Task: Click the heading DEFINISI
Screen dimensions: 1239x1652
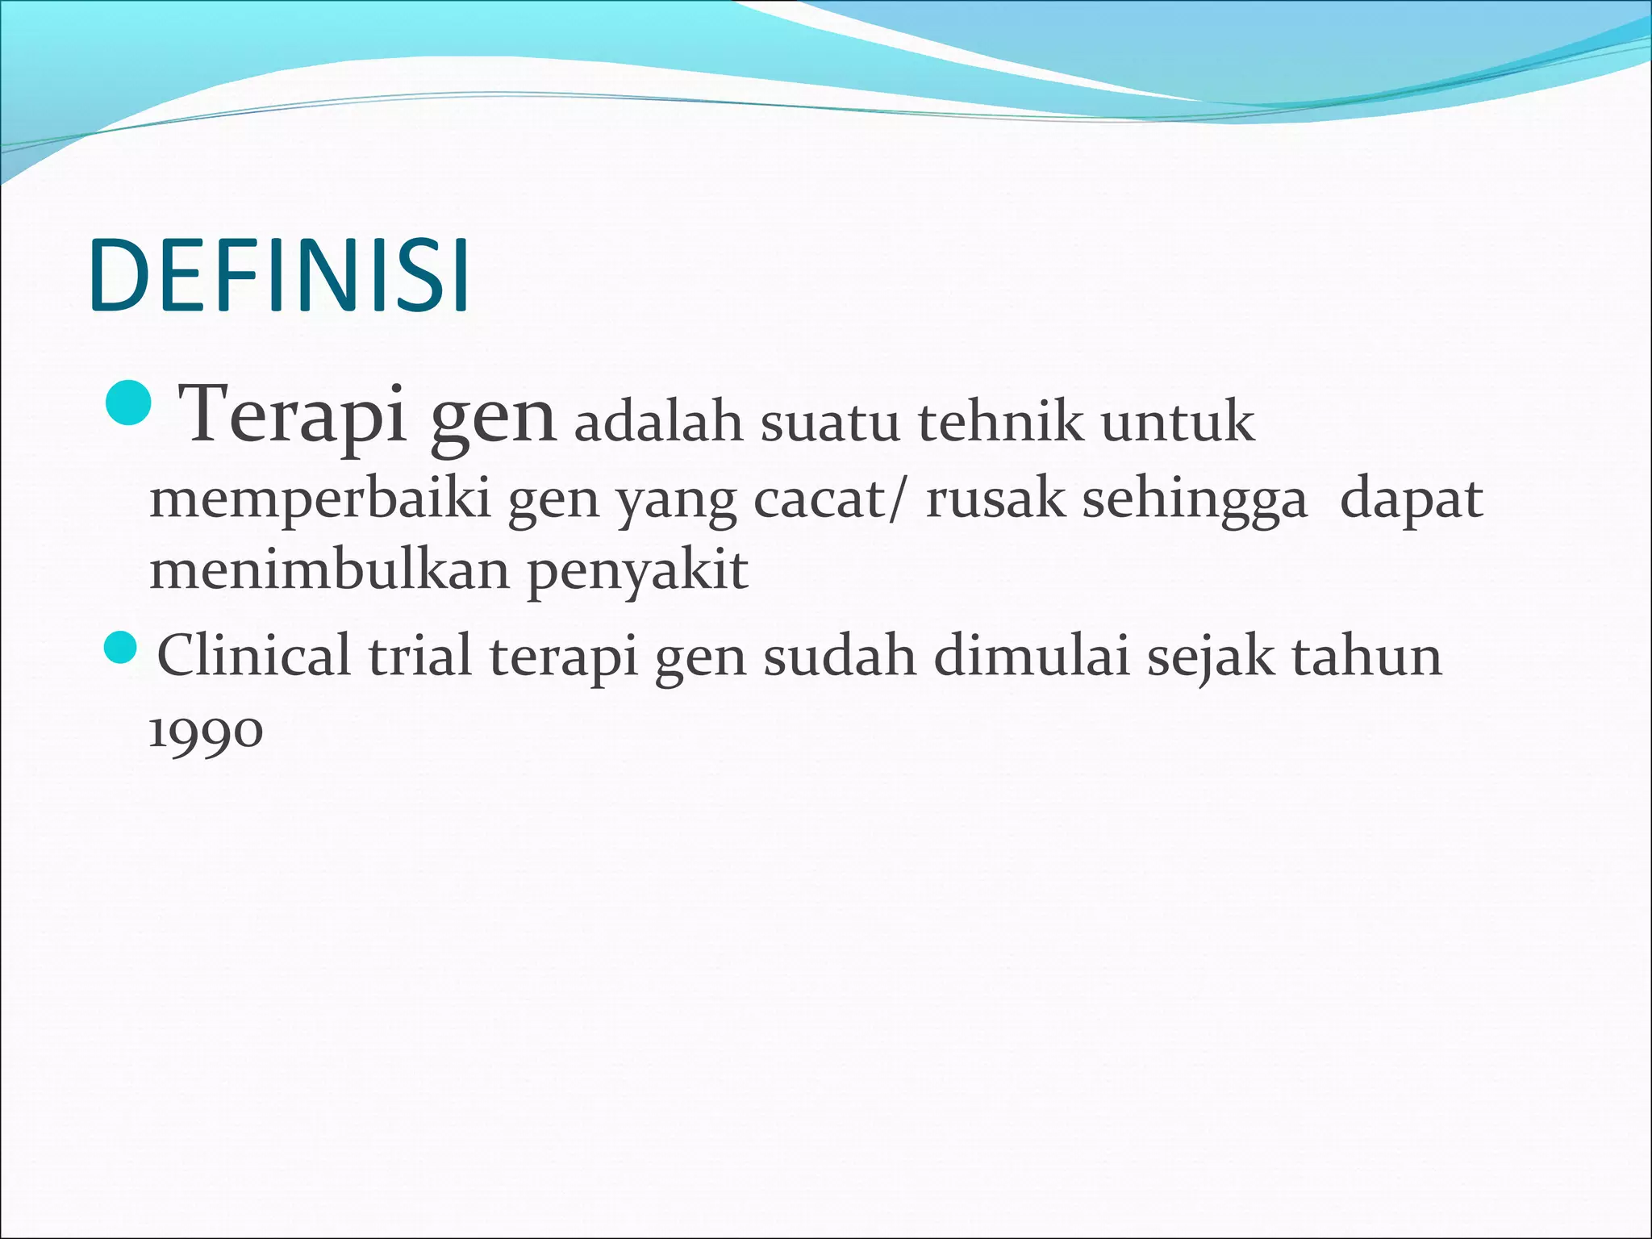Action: pyautogui.click(x=279, y=276)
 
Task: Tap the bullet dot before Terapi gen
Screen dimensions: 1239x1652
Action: pyautogui.click(x=128, y=403)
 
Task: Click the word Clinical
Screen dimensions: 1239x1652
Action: pyautogui.click(x=254, y=655)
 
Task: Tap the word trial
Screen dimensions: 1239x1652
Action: pyautogui.click(x=419, y=655)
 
